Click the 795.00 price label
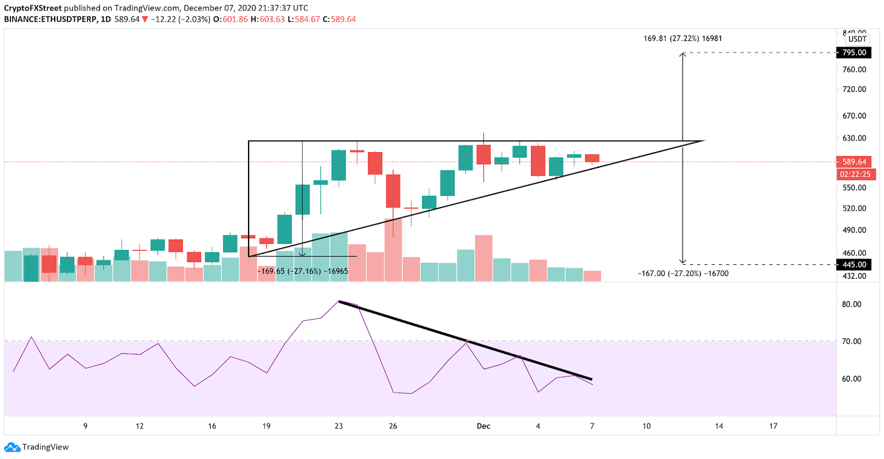coord(853,52)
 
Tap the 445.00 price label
coord(853,264)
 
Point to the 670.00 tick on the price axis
coord(854,116)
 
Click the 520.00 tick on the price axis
coord(854,208)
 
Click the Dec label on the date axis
coord(483,426)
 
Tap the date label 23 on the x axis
coord(338,426)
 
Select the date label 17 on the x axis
coord(773,426)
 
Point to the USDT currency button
coord(858,39)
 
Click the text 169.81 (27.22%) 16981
coord(682,39)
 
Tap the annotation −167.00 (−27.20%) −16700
coord(683,274)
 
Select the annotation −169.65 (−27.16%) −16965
coord(302,270)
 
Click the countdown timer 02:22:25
coord(853,175)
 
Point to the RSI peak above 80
coord(340,301)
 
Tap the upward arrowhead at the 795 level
coord(683,54)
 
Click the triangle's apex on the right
coord(704,141)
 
